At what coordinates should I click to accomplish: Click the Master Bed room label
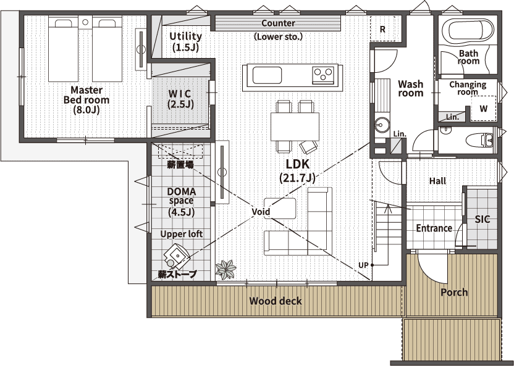pyautogui.click(x=86, y=99)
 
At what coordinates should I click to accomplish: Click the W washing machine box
pyautogui.click(x=483, y=107)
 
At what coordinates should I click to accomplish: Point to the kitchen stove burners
pyautogui.click(x=323, y=75)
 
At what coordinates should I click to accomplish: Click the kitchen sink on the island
pyautogui.click(x=266, y=76)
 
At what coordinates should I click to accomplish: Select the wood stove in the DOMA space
pyautogui.click(x=177, y=254)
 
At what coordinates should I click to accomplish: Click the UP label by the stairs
pyautogui.click(x=364, y=265)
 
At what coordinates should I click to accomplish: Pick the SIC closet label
pyautogui.click(x=482, y=219)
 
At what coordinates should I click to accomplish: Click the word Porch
pyautogui.click(x=453, y=292)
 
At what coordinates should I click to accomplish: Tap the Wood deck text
pyautogui.click(x=276, y=301)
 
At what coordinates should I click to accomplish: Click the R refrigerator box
pyautogui.click(x=382, y=29)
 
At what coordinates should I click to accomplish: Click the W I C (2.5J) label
pyautogui.click(x=180, y=98)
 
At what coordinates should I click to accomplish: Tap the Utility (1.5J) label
pyautogui.click(x=185, y=41)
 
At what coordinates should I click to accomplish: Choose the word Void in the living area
pyautogui.click(x=261, y=211)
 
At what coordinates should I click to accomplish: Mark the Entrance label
pyautogui.click(x=434, y=228)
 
